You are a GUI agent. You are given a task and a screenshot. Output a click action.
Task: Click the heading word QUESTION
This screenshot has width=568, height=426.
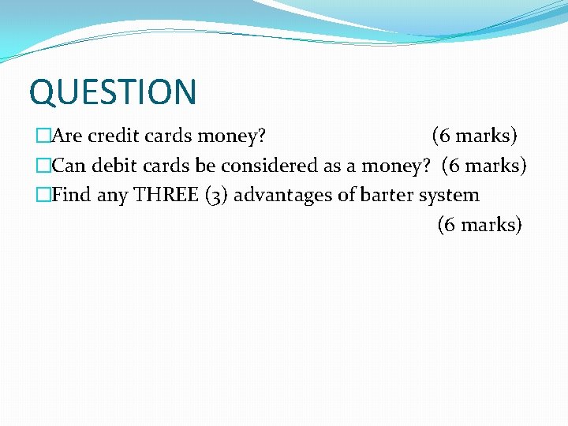coord(112,92)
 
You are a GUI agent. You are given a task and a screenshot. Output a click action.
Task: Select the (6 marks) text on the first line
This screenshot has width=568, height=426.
coord(474,136)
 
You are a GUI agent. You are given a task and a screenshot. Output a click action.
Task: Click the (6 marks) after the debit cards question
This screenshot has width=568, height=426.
coord(484,166)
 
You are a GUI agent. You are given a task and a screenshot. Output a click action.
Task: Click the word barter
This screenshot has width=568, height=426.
coord(387,195)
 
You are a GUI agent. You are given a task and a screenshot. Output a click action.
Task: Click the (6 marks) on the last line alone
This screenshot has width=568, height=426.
coord(480,225)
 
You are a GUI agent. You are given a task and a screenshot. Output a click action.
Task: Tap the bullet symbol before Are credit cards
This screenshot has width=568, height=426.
coord(43,136)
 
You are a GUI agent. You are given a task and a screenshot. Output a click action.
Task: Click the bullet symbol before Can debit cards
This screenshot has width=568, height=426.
coord(43,166)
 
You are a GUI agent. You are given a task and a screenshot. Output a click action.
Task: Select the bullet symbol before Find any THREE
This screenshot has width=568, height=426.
coord(43,195)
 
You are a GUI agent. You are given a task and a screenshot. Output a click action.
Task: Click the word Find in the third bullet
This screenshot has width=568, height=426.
coord(71,195)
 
